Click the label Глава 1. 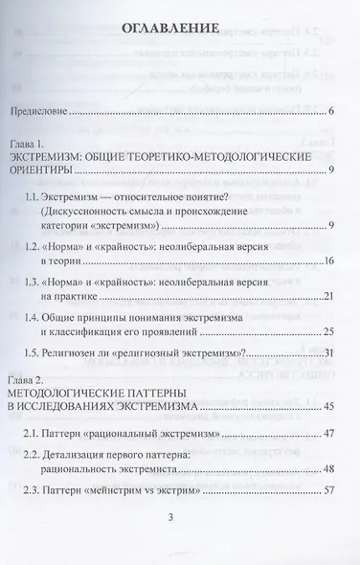click(29, 152)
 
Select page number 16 click(326, 260)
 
